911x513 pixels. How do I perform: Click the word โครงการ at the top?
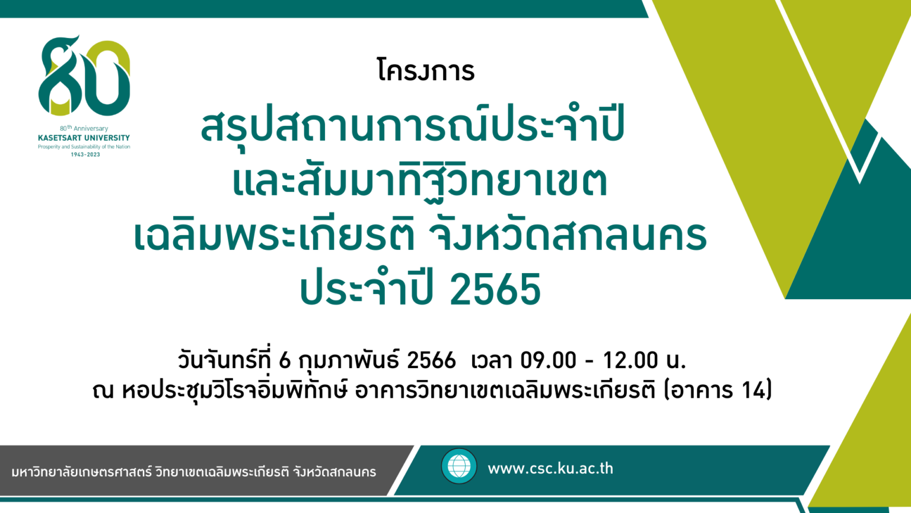tap(426, 70)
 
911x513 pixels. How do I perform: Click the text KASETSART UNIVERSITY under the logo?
tap(84, 138)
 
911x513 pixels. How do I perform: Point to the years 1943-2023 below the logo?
tap(85, 155)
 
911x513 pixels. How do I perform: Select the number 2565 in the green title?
tap(495, 290)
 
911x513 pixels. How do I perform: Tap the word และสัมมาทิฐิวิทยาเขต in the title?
tap(420, 180)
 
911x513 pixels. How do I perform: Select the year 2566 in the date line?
tap(432, 361)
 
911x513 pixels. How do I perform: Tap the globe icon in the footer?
tap(458, 466)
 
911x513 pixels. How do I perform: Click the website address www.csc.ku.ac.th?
tap(550, 468)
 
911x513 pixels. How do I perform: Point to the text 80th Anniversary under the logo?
tap(84, 128)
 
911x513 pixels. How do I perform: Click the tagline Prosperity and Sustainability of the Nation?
tap(84, 147)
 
